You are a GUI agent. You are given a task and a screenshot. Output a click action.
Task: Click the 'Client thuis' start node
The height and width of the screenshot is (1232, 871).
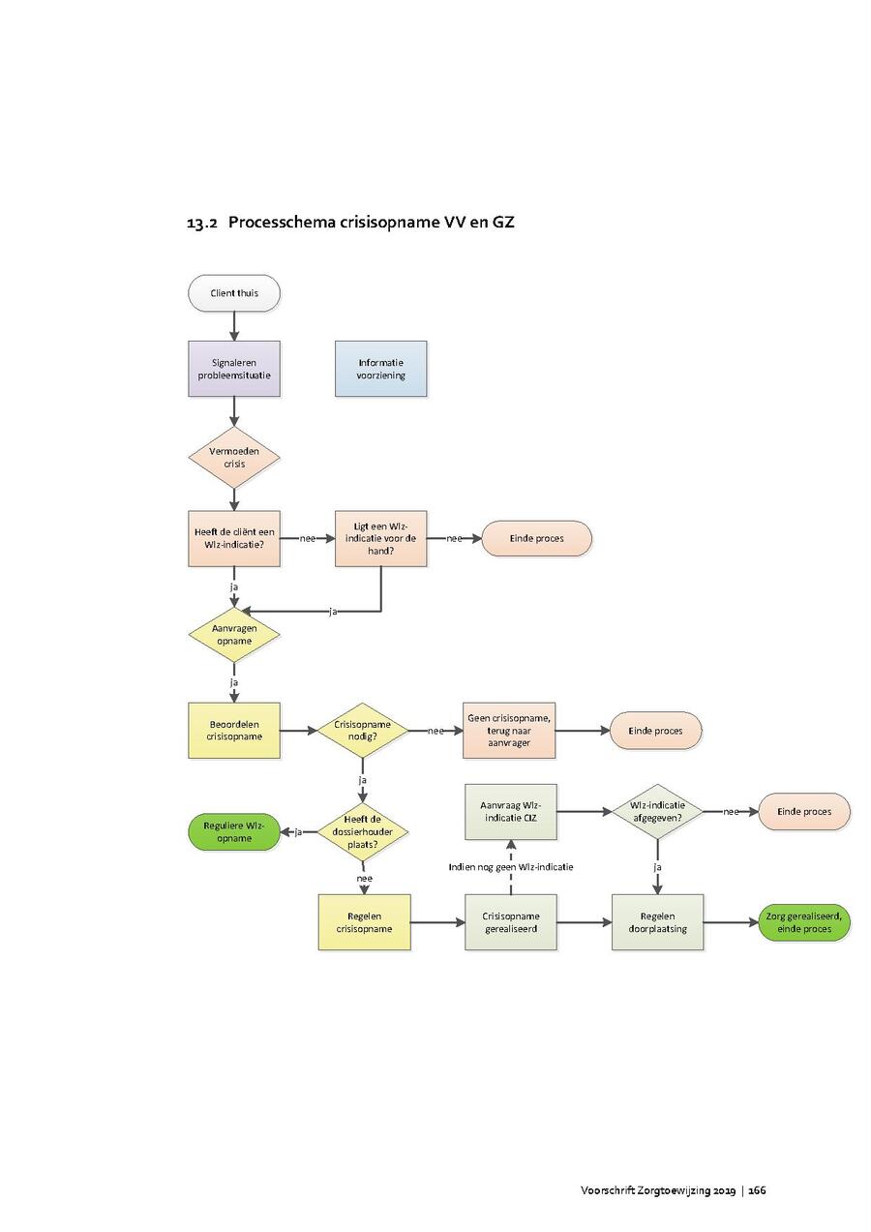tap(234, 292)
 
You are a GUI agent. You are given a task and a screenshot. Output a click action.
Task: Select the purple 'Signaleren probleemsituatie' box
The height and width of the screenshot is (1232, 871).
tap(234, 369)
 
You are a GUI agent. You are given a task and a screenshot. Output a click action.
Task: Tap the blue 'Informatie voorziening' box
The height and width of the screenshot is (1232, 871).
tap(380, 369)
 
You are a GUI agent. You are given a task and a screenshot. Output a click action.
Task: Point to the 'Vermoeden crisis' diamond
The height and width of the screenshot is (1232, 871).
tap(234, 456)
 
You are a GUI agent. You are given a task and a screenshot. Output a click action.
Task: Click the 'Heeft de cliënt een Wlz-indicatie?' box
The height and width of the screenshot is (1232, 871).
tap(234, 538)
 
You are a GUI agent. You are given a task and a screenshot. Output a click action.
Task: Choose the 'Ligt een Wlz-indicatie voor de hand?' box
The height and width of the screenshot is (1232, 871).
tap(380, 538)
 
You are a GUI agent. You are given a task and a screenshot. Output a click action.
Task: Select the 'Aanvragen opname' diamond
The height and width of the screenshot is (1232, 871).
tap(234, 635)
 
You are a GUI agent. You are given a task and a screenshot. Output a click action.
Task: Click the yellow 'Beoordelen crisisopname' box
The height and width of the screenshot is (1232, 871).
tap(234, 730)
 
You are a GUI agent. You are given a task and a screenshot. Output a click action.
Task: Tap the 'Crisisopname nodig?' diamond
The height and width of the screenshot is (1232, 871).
tap(363, 730)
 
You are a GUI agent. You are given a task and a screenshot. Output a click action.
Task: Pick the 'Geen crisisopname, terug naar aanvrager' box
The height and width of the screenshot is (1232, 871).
tap(509, 730)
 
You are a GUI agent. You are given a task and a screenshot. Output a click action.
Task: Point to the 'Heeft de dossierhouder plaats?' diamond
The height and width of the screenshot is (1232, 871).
tap(363, 831)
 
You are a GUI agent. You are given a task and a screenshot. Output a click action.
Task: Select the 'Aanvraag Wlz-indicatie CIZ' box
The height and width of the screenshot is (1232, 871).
tap(511, 811)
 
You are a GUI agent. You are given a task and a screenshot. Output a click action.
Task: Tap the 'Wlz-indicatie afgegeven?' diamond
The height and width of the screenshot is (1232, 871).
tap(657, 811)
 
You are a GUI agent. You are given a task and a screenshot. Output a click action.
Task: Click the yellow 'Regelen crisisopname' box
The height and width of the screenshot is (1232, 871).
tap(364, 922)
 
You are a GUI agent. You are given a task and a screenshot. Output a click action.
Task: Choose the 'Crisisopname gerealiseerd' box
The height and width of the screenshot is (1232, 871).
tap(511, 922)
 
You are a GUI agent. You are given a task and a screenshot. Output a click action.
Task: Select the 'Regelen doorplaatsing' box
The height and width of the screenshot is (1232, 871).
tap(657, 922)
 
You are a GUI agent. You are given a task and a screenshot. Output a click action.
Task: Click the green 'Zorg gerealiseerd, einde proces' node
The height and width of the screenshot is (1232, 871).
tap(803, 922)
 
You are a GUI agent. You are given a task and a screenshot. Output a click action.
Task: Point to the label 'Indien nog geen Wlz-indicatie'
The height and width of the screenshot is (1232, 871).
tap(511, 867)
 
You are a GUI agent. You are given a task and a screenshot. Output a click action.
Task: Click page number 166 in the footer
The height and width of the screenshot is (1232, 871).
tap(757, 1189)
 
